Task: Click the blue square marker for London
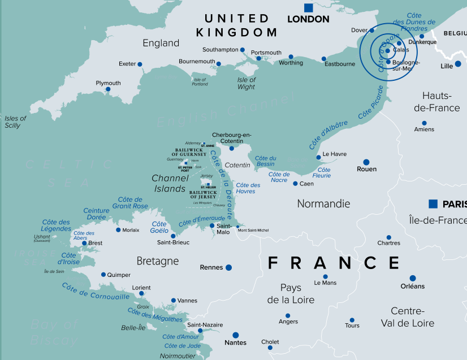click(x=308, y=8)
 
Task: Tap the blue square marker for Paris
click(x=433, y=203)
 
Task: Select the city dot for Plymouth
click(x=108, y=89)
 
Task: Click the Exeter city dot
click(x=140, y=64)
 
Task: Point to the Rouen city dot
click(x=366, y=162)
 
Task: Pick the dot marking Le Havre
click(x=319, y=157)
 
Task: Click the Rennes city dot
click(x=229, y=267)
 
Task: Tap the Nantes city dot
click(x=236, y=335)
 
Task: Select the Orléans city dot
click(x=413, y=278)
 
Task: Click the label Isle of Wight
click(x=247, y=84)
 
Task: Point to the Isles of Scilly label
click(x=15, y=122)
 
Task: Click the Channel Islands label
click(x=170, y=184)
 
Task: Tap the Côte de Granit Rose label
click(x=130, y=203)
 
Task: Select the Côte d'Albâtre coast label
click(x=328, y=135)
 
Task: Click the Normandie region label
click(x=323, y=203)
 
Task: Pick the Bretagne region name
click(x=158, y=261)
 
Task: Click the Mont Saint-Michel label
click(x=253, y=230)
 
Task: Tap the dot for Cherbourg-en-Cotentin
click(x=231, y=148)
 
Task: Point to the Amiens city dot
click(x=424, y=123)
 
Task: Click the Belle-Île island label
click(x=134, y=328)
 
